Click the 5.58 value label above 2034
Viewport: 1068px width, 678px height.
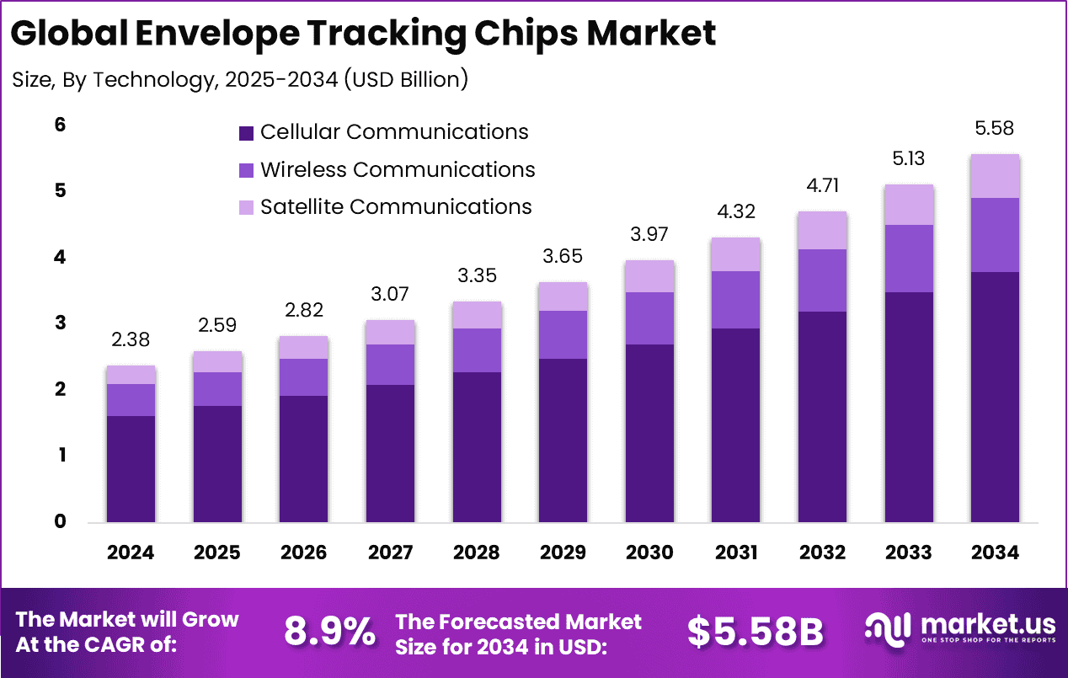(x=995, y=129)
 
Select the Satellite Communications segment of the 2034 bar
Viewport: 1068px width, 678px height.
(x=995, y=176)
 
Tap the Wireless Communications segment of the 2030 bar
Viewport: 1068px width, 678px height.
(x=650, y=318)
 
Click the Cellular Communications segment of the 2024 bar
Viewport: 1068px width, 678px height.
(x=131, y=469)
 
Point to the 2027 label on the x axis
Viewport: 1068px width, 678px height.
(x=390, y=553)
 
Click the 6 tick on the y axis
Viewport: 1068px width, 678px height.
(x=60, y=125)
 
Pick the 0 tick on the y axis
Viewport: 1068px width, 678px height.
(x=60, y=521)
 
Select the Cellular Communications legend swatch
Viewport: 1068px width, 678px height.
(x=246, y=133)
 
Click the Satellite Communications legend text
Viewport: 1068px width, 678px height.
(x=396, y=206)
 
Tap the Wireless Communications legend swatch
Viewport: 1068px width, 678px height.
(x=246, y=170)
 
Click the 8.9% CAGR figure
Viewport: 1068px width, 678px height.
(x=329, y=632)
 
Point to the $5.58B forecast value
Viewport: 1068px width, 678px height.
(x=756, y=632)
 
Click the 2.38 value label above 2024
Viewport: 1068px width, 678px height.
(x=131, y=341)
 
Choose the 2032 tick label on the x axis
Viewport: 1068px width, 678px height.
(x=823, y=553)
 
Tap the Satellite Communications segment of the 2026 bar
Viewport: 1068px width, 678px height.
(x=304, y=347)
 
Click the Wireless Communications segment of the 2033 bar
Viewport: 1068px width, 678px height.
(x=909, y=259)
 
